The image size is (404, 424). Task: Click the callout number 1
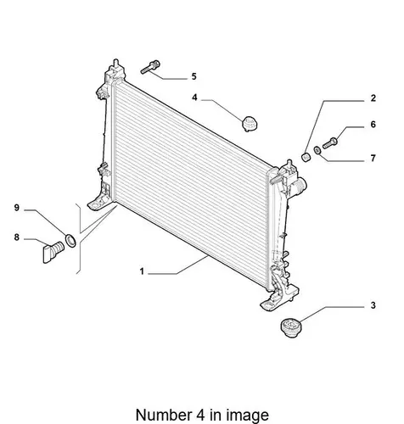(142, 271)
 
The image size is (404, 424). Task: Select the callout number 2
(373, 98)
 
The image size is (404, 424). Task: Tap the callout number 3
(373, 305)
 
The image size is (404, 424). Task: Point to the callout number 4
(194, 98)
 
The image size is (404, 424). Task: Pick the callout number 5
(194, 76)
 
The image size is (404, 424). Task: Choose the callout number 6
(373, 125)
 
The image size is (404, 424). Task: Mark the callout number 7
(373, 159)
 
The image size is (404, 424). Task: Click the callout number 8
(17, 237)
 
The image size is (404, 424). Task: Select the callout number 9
(17, 208)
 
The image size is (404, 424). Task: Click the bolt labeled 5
(150, 67)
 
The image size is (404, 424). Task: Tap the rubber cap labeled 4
(250, 124)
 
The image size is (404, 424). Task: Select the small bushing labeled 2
(306, 157)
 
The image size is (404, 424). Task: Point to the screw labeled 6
(330, 143)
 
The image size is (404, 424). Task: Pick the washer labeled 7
(317, 150)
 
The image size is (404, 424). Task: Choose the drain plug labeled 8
(53, 252)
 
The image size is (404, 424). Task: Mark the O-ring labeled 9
(70, 240)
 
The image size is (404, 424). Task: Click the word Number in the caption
(164, 415)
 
